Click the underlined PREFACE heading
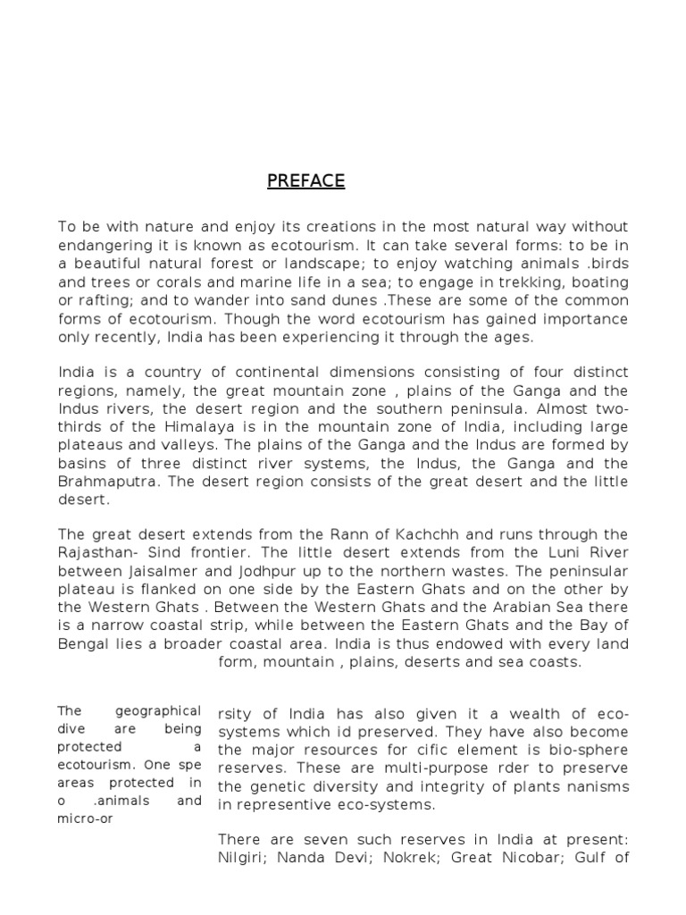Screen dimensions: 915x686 coord(305,181)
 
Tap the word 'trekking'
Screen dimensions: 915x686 coord(535,282)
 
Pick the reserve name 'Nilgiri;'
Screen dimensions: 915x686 coord(249,860)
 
